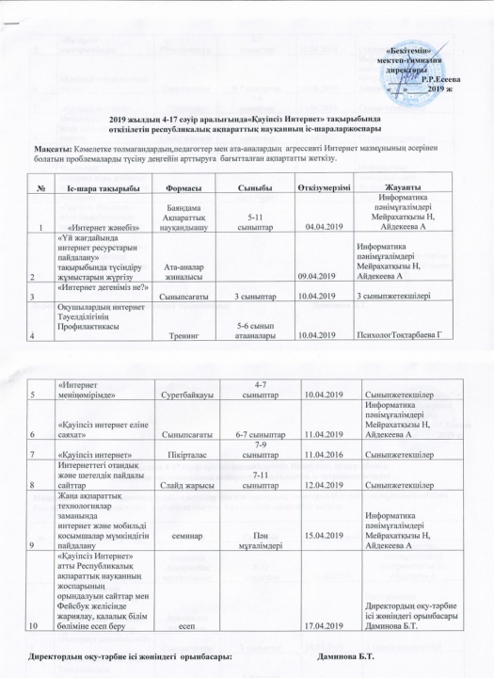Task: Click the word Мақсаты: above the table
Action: tap(41, 147)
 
